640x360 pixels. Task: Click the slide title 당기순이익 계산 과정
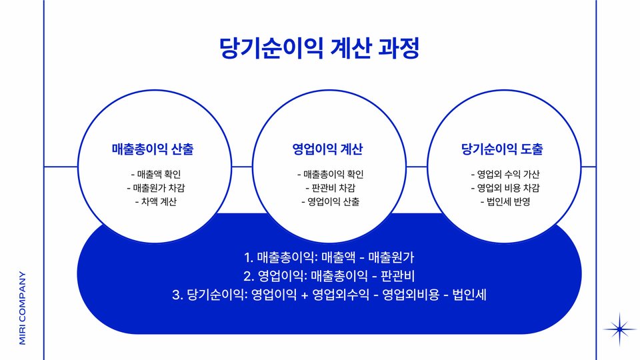pos(320,48)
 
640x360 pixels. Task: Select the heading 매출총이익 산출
pos(153,149)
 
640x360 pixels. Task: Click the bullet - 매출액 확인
pos(155,175)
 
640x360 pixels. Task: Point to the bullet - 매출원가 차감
pos(155,188)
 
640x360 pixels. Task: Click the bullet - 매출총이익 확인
pos(330,175)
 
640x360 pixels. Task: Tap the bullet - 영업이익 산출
pos(330,201)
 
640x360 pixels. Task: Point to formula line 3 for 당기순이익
pos(329,293)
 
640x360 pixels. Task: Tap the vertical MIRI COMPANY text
pos(22,307)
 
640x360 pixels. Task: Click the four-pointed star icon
pos(619,329)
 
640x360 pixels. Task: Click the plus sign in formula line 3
pos(305,294)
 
